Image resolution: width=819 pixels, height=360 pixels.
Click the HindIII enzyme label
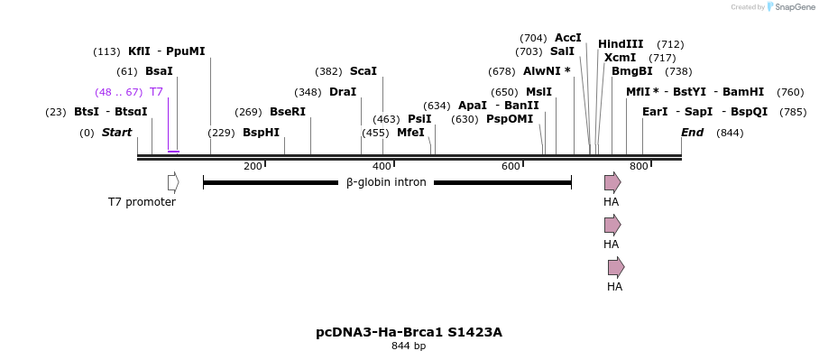[621, 44]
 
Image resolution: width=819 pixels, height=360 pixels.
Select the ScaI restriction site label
[363, 71]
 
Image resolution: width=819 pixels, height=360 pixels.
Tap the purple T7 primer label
[156, 92]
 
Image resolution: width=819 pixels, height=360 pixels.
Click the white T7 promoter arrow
[173, 182]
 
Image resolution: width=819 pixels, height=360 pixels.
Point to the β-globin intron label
[386, 182]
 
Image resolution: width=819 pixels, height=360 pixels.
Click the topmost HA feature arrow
[612, 182]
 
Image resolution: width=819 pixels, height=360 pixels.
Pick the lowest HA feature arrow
[616, 267]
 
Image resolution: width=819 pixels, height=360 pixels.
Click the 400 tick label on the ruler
[381, 166]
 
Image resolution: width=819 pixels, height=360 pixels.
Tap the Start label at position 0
[116, 133]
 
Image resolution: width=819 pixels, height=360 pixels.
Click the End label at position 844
[692, 133]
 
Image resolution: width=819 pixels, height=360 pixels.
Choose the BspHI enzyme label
[261, 133]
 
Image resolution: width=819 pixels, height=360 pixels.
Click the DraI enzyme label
[343, 92]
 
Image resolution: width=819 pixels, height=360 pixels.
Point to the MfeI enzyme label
[410, 133]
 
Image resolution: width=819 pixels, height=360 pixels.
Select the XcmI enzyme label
[620, 58]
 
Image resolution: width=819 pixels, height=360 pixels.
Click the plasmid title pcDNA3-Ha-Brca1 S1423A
[409, 332]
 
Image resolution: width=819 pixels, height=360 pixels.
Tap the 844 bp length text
[409, 346]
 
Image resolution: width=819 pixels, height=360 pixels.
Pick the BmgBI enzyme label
[631, 71]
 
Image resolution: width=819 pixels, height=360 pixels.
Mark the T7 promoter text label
[142, 202]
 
